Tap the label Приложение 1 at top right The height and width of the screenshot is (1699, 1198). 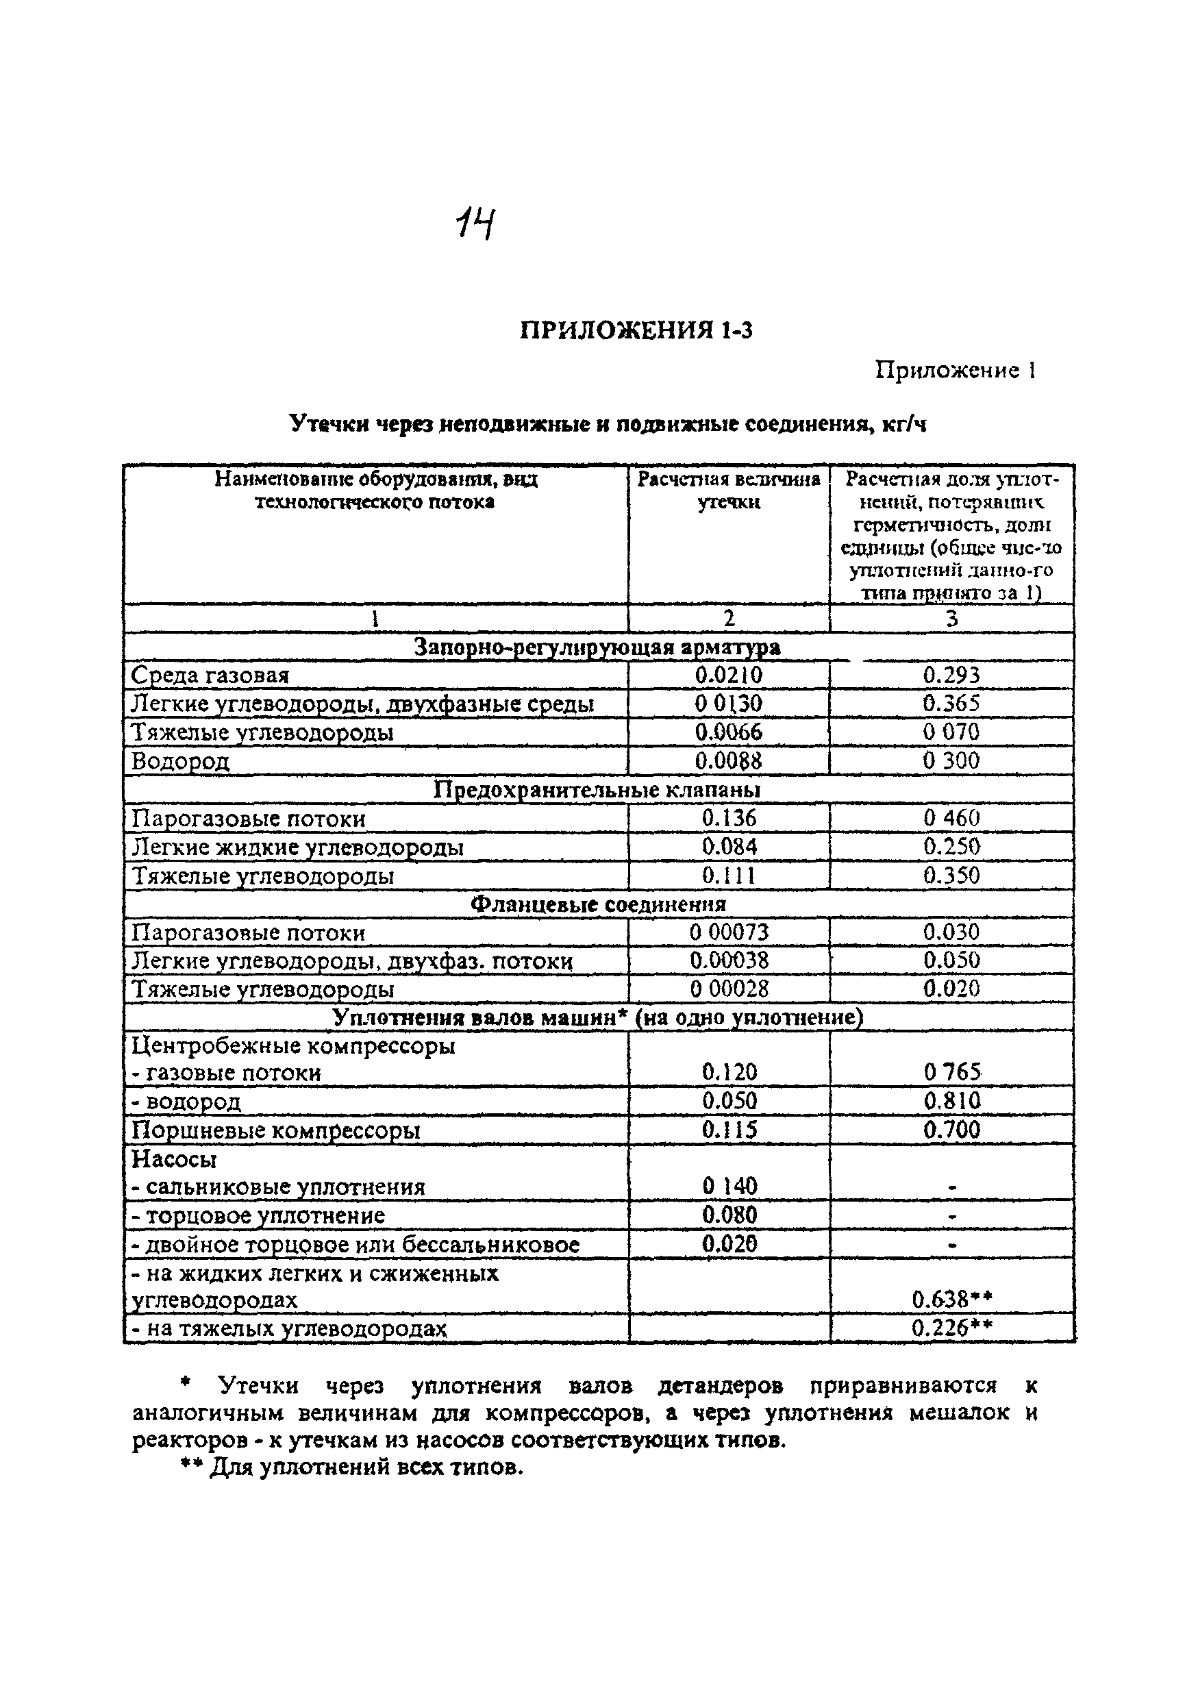(954, 370)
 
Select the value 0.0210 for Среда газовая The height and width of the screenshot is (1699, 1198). (728, 675)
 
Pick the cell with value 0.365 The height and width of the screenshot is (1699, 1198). (951, 703)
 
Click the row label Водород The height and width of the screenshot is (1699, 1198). (181, 761)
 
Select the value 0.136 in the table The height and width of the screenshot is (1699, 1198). (729, 818)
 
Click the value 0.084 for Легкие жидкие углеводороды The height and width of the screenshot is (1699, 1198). (729, 847)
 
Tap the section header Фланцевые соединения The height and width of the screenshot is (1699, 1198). (598, 904)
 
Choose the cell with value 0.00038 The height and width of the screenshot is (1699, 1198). (729, 960)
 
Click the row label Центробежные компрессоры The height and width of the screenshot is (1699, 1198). (293, 1045)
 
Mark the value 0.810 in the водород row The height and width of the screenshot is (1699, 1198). (951, 1101)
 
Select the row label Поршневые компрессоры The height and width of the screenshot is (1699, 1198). (276, 1130)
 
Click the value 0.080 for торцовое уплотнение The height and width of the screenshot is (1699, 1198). (729, 1215)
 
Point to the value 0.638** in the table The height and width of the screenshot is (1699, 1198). (951, 1300)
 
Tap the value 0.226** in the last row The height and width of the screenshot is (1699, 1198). (951, 1328)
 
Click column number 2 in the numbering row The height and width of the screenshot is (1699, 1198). (729, 618)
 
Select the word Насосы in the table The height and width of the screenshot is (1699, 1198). (174, 1158)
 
